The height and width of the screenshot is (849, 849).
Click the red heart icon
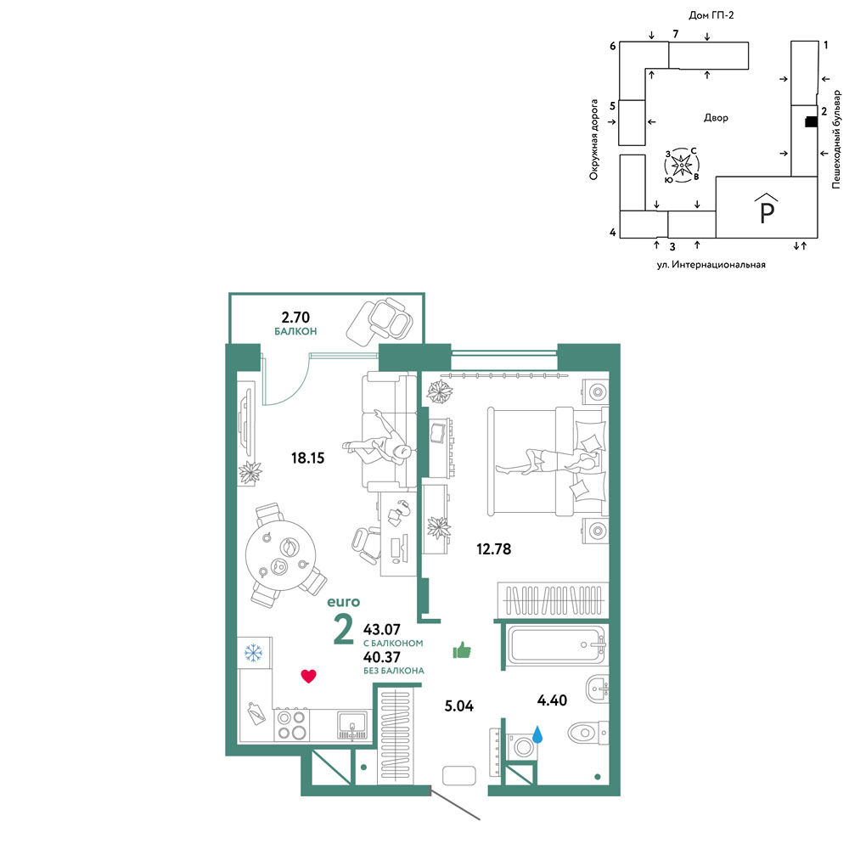(309, 676)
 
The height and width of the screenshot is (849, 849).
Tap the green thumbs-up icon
(462, 649)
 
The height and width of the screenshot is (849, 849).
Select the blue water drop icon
(537, 734)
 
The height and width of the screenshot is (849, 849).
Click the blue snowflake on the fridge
(253, 652)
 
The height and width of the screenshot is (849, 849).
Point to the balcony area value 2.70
(295, 317)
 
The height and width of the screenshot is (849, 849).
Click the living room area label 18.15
(307, 458)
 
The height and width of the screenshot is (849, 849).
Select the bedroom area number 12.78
(493, 549)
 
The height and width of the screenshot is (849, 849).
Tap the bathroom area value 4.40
(552, 700)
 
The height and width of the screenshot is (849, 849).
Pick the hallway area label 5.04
(458, 706)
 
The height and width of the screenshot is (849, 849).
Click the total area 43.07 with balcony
(382, 630)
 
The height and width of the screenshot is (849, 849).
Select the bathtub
(557, 644)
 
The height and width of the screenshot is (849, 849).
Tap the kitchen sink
(352, 724)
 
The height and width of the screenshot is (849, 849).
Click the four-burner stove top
(291, 725)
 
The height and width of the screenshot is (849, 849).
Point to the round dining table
(280, 555)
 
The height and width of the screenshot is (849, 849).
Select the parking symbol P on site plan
(767, 211)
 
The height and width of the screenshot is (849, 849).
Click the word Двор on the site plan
(716, 117)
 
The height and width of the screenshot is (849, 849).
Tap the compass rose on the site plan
(682, 165)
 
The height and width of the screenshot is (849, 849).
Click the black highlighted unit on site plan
(811, 122)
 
